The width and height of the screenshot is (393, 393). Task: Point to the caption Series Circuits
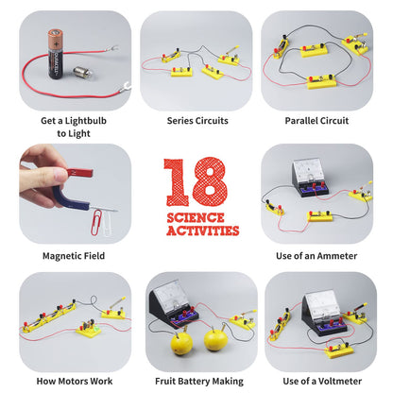(x=196, y=121)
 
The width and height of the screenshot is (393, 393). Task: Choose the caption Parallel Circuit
(x=316, y=121)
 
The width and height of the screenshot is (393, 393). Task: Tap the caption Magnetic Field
(x=75, y=255)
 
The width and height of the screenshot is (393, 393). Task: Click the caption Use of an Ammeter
(x=316, y=255)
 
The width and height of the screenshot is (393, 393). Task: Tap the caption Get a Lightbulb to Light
(x=75, y=127)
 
